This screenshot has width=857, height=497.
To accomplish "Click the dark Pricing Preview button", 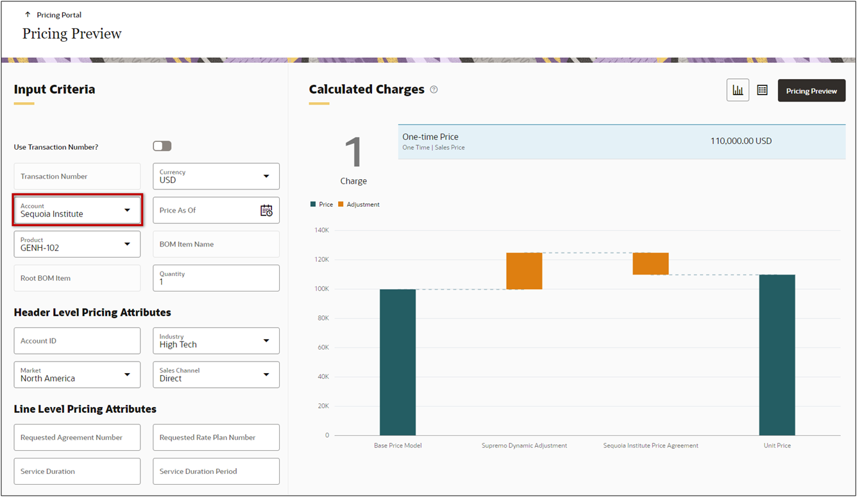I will point(811,91).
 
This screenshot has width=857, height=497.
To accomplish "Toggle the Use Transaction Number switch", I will point(162,146).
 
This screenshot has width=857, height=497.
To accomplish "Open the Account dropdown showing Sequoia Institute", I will point(77,211).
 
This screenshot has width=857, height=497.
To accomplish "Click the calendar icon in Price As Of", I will point(266,211).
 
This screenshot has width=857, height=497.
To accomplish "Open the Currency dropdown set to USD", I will point(216,177).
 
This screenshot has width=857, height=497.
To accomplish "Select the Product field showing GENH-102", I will point(77,244).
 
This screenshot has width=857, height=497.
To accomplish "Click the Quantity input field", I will point(216,278).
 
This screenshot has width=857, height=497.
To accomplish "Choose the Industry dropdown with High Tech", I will point(216,341).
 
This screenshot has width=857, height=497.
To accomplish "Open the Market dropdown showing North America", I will point(77,375).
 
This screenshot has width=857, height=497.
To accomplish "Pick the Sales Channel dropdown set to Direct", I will point(216,375).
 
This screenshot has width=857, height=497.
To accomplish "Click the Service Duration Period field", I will point(216,471).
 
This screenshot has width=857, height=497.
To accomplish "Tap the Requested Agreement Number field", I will point(77,437).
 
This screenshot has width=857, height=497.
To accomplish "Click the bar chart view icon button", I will point(738,91).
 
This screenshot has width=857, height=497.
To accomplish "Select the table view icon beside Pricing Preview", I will point(762,91).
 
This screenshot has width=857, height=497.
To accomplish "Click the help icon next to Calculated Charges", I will point(434,90).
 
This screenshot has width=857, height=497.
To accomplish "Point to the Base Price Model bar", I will point(398,362).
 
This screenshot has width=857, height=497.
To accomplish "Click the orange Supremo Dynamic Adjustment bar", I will point(524,271).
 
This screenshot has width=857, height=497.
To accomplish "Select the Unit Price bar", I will point(777,355).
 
